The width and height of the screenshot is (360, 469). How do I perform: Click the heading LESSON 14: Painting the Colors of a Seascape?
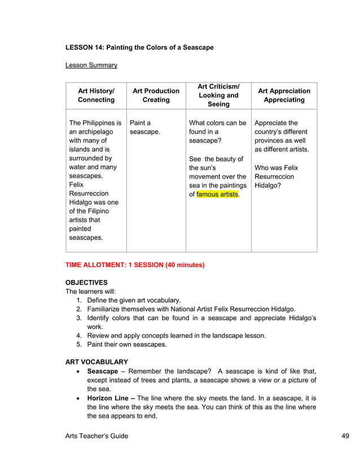tap(139, 47)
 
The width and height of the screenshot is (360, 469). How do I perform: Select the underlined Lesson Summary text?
tap(91, 65)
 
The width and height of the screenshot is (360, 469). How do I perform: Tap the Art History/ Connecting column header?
tap(96, 95)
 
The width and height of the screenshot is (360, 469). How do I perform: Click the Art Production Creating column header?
tap(156, 95)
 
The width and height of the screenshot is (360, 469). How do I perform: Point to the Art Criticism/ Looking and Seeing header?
tap(218, 95)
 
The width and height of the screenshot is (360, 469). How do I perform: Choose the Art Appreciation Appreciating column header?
tap(284, 95)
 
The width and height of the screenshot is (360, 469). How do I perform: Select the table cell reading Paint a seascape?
tap(145, 127)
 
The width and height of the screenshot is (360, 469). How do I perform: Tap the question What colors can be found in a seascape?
tap(217, 132)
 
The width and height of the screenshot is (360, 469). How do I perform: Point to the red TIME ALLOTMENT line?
tap(135, 265)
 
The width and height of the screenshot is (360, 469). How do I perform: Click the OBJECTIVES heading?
tap(86, 282)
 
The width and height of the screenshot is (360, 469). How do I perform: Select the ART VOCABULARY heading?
tap(96, 362)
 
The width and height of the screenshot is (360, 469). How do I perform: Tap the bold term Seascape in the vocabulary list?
tap(102, 371)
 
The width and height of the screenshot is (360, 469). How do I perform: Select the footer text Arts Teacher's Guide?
tap(96, 436)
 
